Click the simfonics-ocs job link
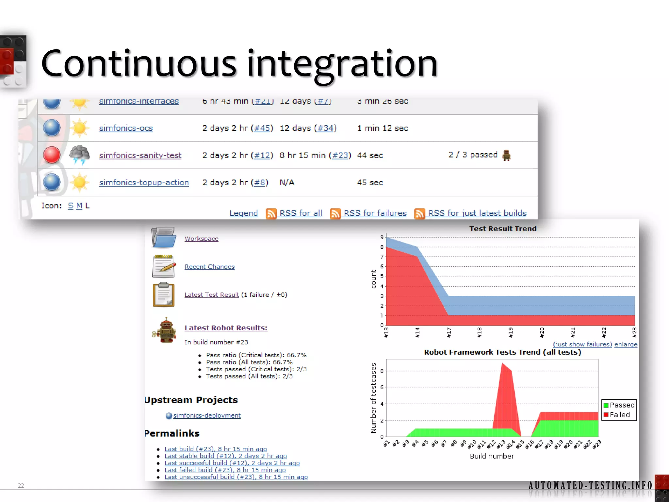point(126,128)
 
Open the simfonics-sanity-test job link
point(140,155)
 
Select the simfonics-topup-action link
point(144,182)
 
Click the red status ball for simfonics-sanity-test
point(52,155)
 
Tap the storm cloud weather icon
point(79,155)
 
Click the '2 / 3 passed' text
point(473,155)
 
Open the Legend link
point(243,213)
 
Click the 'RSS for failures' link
point(375,213)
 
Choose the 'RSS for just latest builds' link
point(477,213)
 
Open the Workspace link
point(201,239)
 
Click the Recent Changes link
point(209,267)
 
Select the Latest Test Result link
point(212,295)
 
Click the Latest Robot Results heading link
point(226,328)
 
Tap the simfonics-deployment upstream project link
point(206,415)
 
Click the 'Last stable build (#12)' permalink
point(225,456)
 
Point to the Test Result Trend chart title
point(503,229)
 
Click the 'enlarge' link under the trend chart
point(626,344)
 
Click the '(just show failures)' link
point(582,344)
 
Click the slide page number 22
point(21,485)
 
